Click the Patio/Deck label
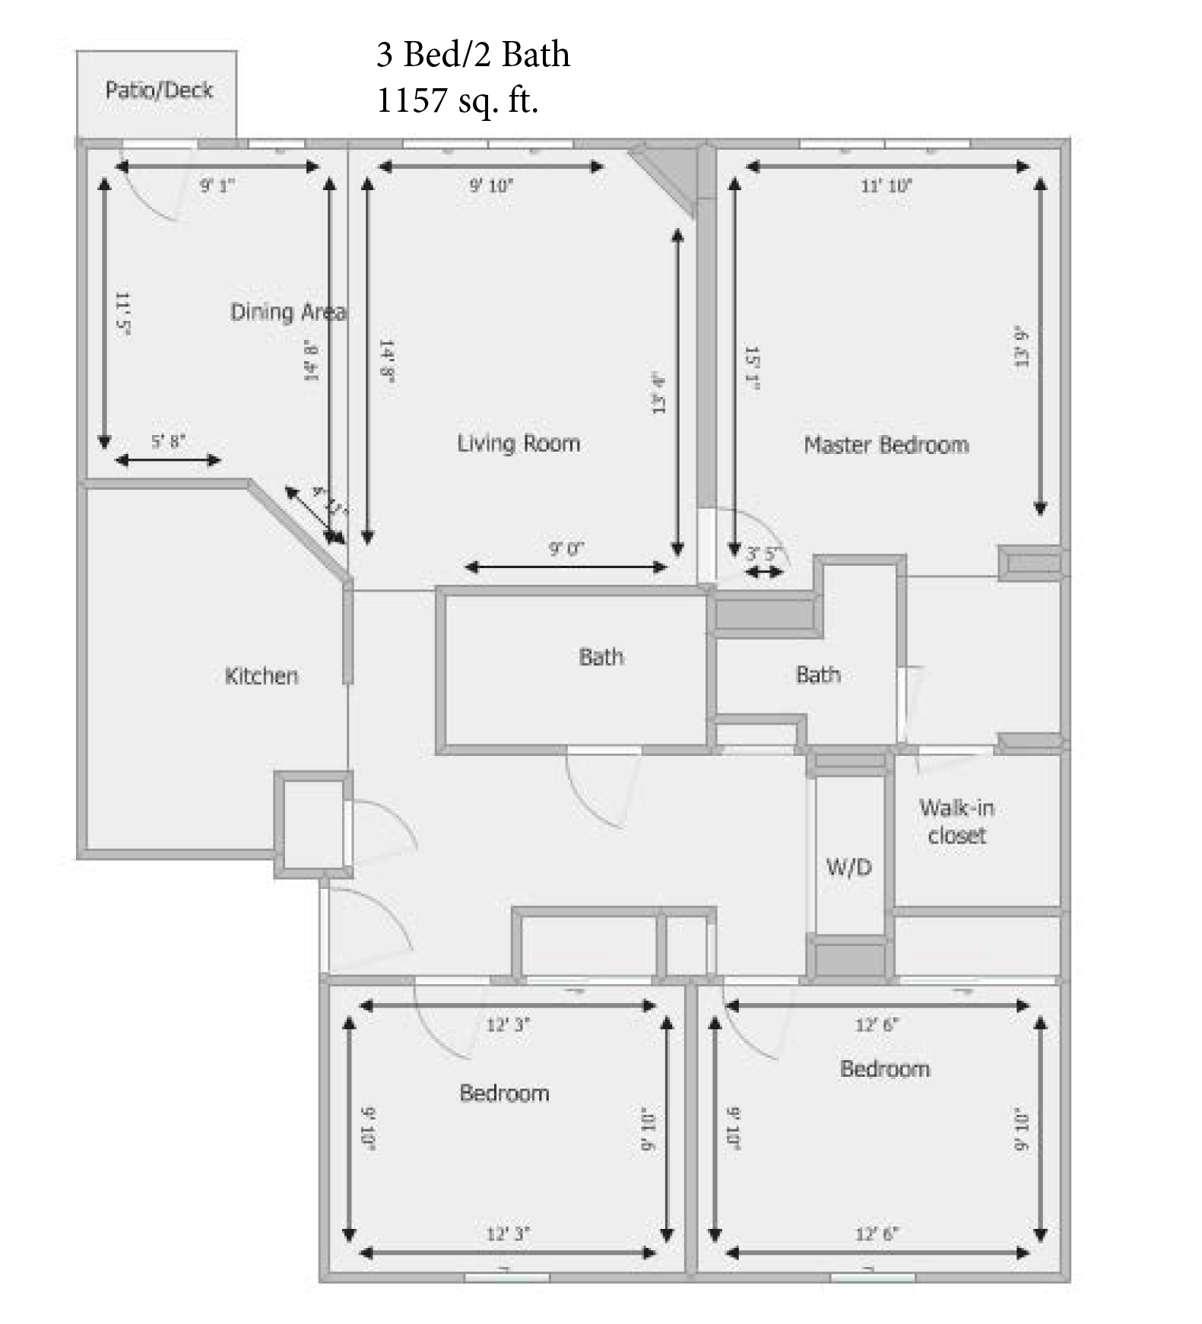(159, 90)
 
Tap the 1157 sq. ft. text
(457, 100)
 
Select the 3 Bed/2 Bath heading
(473, 55)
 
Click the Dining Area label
(287, 312)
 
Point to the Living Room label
(519, 443)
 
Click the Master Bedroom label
(886, 445)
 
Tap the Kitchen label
(262, 676)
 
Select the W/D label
(848, 867)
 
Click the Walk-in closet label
(956, 821)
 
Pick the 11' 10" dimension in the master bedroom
(886, 186)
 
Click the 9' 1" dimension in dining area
(217, 186)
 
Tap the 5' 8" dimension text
(168, 442)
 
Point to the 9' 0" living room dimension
(566, 548)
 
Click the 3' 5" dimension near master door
(763, 554)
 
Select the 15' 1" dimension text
(752, 369)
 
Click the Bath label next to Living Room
(601, 657)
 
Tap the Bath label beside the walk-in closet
(818, 675)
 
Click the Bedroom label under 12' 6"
(885, 1069)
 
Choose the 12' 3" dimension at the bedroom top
(508, 1024)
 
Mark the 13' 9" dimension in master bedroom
(1021, 348)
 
